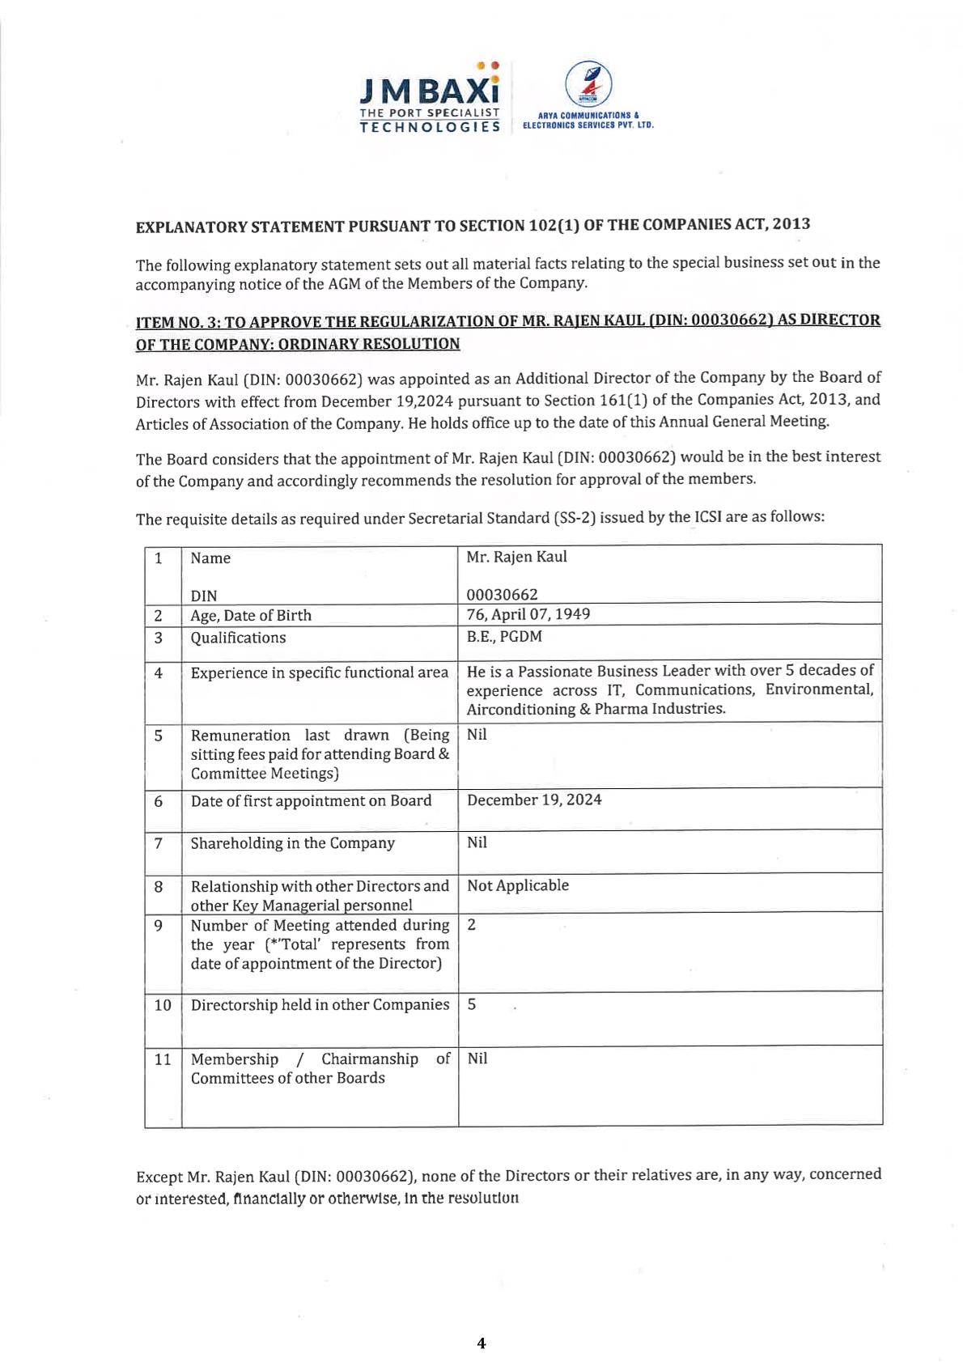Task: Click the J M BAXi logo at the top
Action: click(x=430, y=97)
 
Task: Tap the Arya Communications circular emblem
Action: click(x=588, y=84)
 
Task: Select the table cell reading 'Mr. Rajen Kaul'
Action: click(x=516, y=557)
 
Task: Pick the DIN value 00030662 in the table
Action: click(x=502, y=595)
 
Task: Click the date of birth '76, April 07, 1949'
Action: click(x=528, y=614)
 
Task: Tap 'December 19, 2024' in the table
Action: click(x=534, y=800)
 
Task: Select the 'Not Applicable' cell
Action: click(x=518, y=885)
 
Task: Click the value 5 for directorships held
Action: click(x=472, y=1004)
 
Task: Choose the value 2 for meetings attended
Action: click(x=472, y=925)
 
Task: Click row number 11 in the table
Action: click(x=163, y=1059)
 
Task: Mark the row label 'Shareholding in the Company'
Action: click(x=292, y=843)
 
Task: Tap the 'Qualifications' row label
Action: click(x=238, y=638)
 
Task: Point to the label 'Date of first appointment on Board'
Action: click(x=311, y=801)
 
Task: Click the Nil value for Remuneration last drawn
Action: click(x=477, y=735)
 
